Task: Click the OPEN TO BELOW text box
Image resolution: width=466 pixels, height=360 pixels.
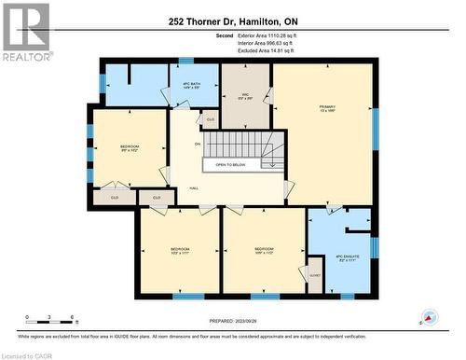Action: [230, 164]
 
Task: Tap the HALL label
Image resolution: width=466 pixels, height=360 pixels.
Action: [194, 187]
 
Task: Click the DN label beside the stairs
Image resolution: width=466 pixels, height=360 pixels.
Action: [197, 144]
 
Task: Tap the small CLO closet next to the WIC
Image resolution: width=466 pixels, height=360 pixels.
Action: [211, 119]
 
